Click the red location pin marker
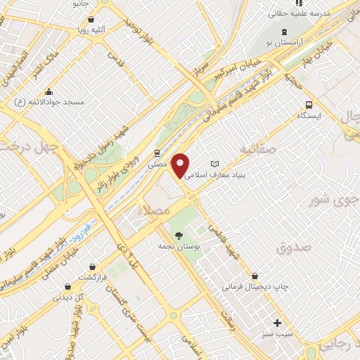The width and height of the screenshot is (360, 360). coord(181,166)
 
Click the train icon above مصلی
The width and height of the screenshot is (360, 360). coord(157,151)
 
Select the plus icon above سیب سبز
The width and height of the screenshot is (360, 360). coord(278,323)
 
